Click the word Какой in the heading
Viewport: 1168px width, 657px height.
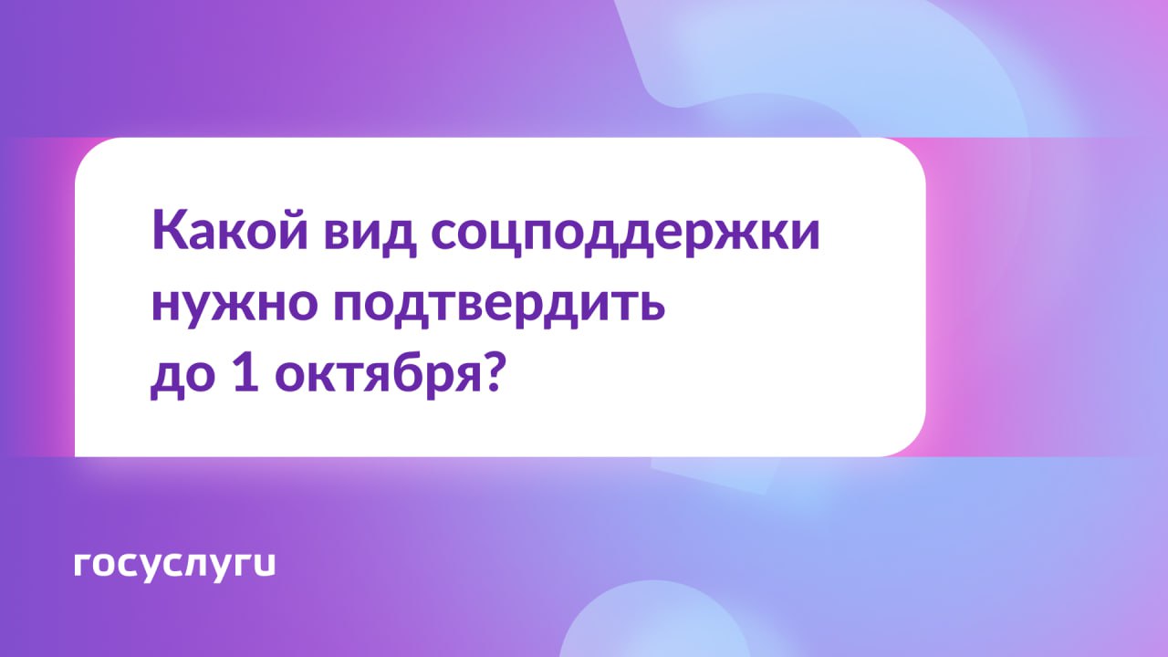(x=229, y=229)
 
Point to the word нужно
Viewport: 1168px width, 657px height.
(x=235, y=306)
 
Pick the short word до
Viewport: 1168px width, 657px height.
(x=183, y=377)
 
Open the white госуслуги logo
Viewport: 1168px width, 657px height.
(x=174, y=566)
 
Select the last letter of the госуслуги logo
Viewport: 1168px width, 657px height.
(x=264, y=564)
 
